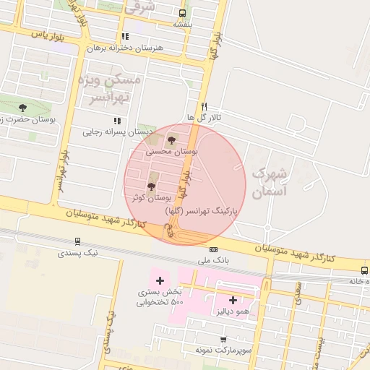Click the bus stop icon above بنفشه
(181, 12)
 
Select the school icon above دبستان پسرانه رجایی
(116, 121)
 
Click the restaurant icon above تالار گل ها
(205, 106)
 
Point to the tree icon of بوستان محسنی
(171, 140)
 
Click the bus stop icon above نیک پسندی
(77, 241)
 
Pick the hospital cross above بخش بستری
(160, 280)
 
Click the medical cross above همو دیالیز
(233, 300)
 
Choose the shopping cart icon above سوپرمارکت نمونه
(223, 339)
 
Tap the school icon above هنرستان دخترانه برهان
(125, 36)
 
